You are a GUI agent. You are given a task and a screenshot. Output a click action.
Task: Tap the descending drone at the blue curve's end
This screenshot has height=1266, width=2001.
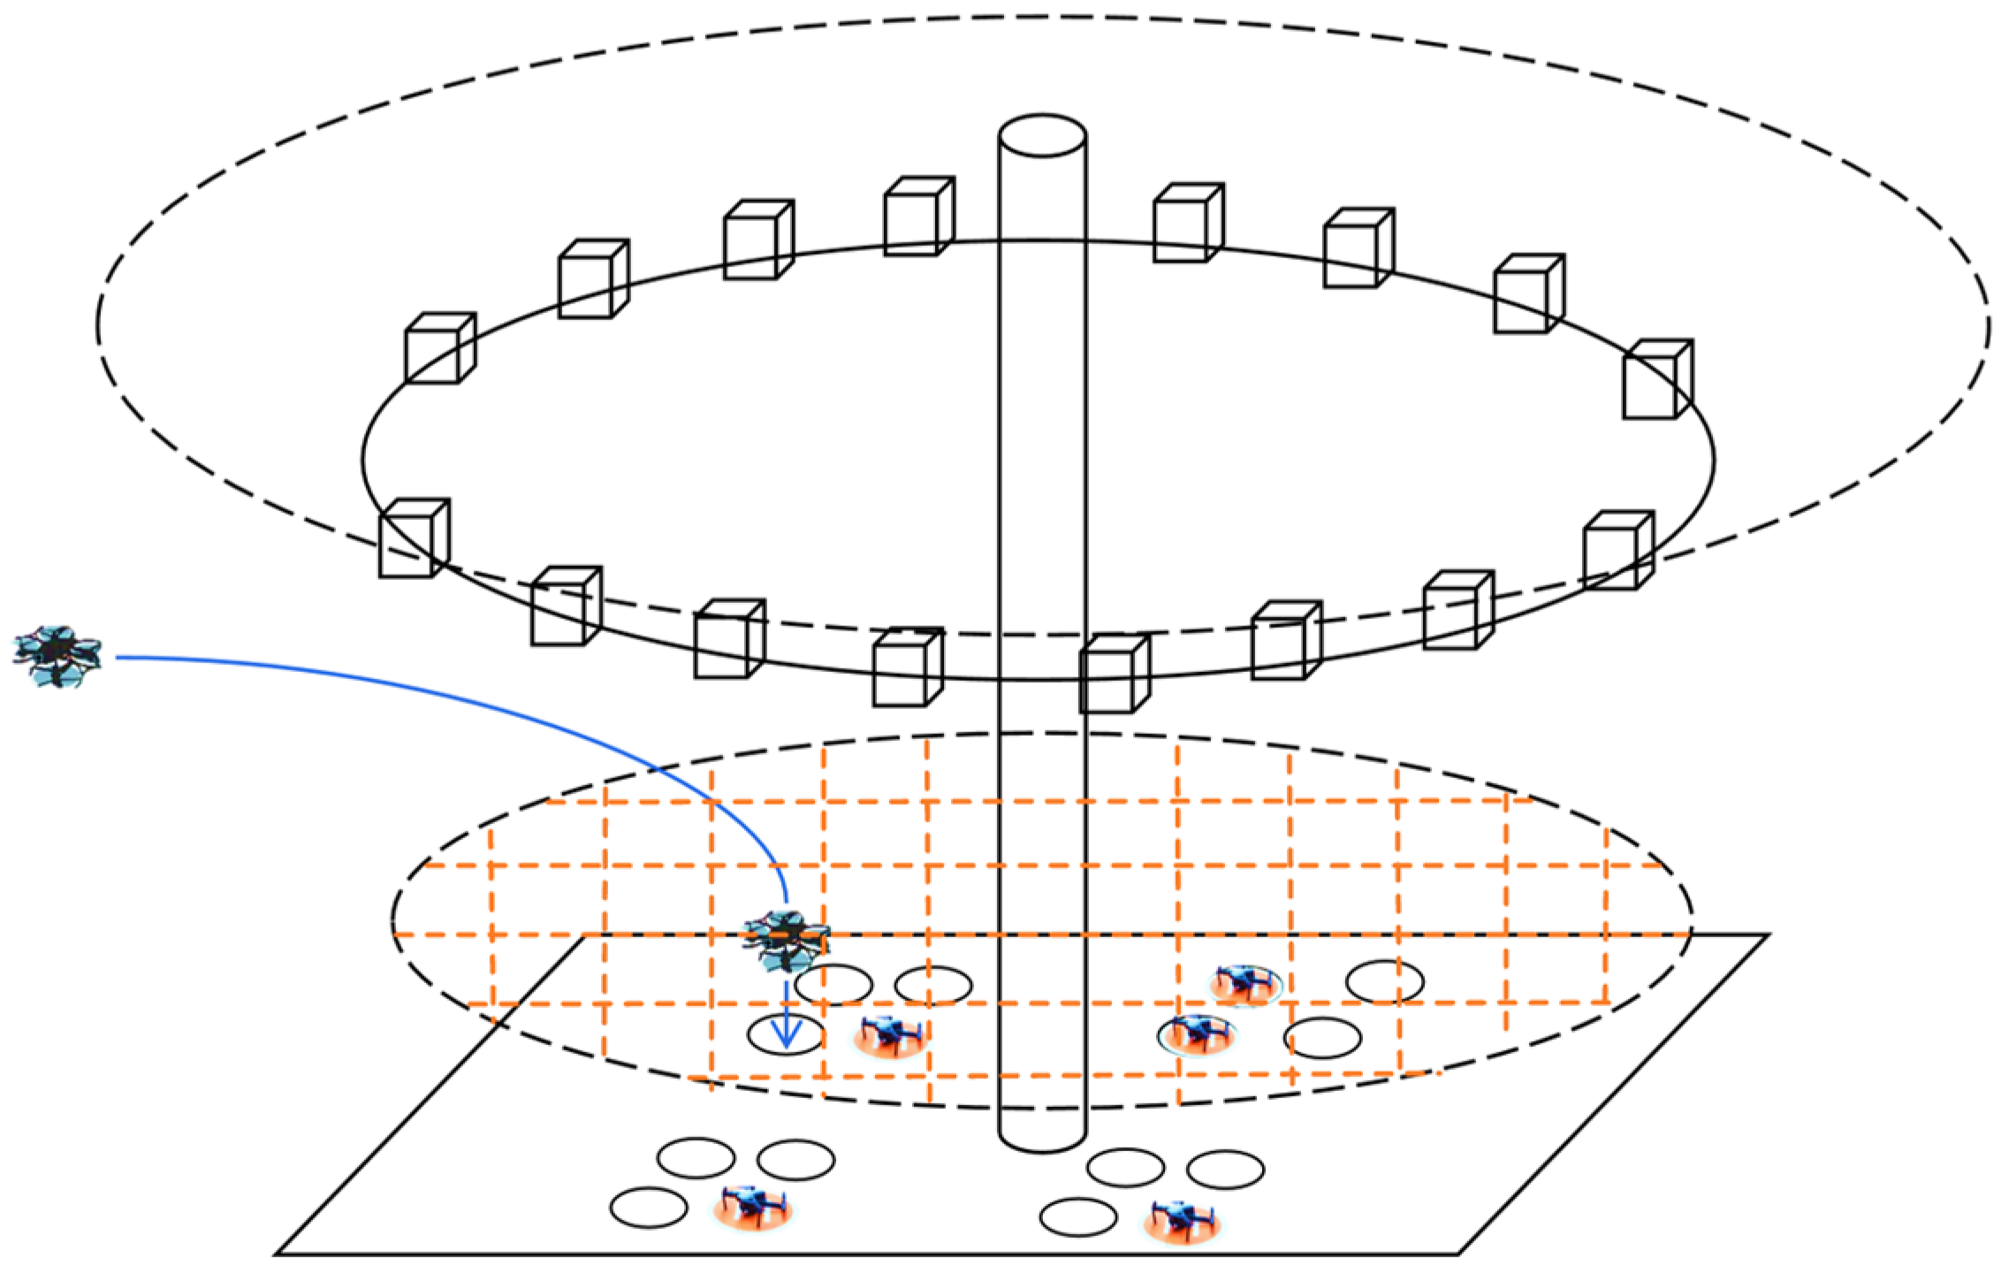pos(787,940)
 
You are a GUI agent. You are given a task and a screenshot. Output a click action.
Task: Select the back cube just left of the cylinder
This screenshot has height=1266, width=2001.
pos(917,217)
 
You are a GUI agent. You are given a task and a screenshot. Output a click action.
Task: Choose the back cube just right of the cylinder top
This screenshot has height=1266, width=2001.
pos(1188,223)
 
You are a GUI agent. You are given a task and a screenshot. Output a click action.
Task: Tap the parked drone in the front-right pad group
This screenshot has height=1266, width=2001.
pos(1182,1222)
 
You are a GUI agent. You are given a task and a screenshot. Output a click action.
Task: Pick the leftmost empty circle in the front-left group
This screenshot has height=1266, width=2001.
pos(649,1208)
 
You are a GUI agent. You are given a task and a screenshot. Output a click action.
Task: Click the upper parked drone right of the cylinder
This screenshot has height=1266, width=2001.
pos(1245,982)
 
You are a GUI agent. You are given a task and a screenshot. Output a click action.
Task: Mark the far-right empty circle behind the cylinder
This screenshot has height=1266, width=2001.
pos(1384,981)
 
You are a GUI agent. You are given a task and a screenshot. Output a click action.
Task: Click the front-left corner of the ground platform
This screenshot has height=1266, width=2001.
pos(279,1253)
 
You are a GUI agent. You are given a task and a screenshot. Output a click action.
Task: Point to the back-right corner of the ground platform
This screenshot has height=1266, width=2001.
pos(1766,934)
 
